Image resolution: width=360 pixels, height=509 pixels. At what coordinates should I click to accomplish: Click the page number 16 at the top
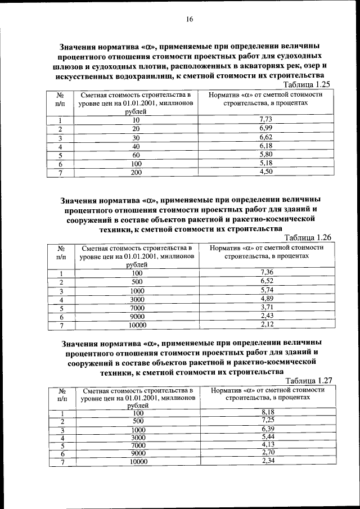[190, 20]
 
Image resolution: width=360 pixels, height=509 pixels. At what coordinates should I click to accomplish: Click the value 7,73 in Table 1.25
[265, 119]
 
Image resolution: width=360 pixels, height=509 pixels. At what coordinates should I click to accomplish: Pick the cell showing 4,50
[265, 172]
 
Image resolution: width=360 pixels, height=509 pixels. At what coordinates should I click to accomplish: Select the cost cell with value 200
[136, 173]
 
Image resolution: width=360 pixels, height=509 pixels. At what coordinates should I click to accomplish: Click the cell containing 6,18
[265, 146]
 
